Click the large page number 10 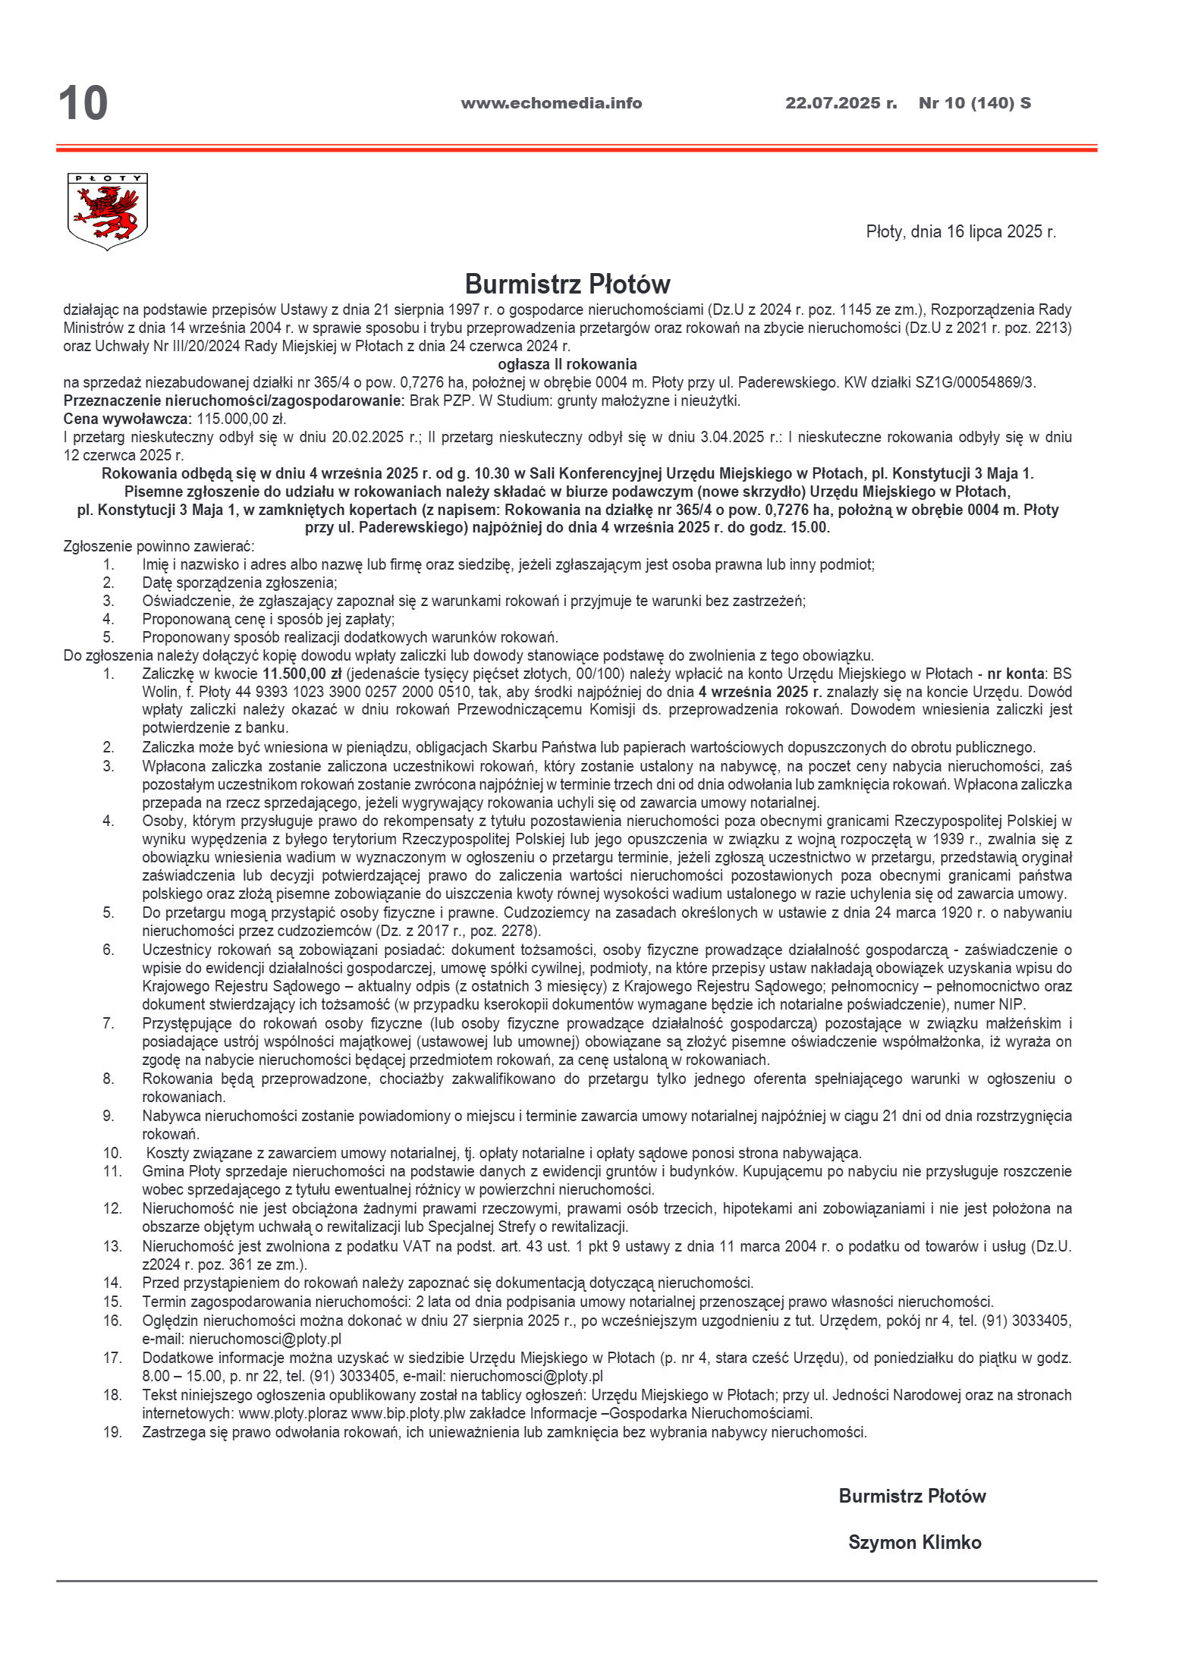coord(83,103)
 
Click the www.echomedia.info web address coord(551,103)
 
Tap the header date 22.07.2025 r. coord(841,103)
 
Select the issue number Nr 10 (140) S coord(974,103)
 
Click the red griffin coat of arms coord(107,212)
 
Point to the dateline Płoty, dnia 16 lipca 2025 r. coord(960,232)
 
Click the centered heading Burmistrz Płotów coord(567,284)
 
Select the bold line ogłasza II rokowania coord(567,364)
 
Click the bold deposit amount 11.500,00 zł coord(302,674)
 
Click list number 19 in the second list coord(112,1432)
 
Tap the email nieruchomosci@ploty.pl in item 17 coord(527,1376)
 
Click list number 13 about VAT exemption coord(112,1245)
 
